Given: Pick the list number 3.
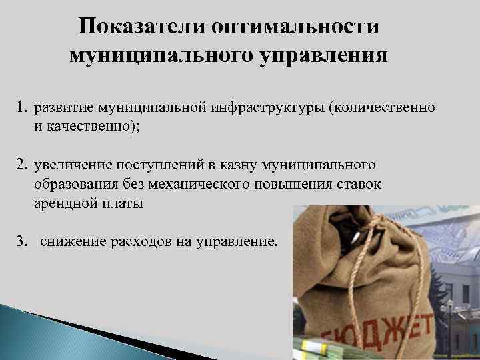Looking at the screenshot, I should click(x=21, y=241).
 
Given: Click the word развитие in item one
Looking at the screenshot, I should click(x=63, y=107).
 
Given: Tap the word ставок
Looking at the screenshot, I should click(x=357, y=184).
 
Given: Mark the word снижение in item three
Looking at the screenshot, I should click(x=71, y=241).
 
